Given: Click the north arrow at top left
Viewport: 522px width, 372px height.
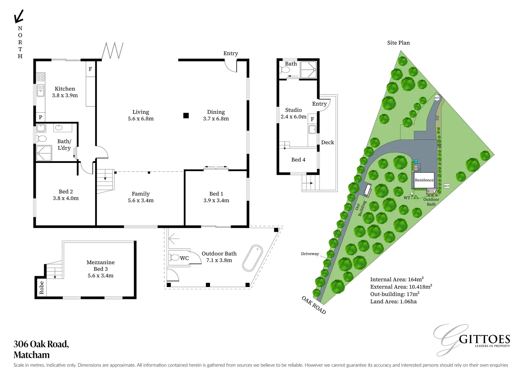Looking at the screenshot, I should point(19,16).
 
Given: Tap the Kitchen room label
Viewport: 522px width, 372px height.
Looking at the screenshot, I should point(65,89).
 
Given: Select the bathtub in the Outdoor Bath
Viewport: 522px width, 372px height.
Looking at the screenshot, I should point(252,258).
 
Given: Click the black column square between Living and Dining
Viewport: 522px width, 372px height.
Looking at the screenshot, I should point(186,116).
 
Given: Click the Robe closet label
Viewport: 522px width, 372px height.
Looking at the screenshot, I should point(42,288).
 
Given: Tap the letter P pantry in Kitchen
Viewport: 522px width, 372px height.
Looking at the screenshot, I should point(41,117).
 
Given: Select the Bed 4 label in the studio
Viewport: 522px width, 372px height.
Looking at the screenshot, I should point(298,160).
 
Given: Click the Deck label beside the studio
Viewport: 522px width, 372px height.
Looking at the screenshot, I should point(327,143).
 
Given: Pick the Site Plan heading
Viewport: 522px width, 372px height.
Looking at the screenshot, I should point(398,43).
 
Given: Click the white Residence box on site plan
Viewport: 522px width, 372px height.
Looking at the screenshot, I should point(424,180).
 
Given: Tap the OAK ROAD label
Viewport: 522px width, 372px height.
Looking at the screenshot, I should point(314,305).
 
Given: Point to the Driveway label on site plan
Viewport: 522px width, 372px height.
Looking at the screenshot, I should point(310,254).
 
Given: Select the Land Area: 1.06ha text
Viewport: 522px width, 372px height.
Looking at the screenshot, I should point(393,302).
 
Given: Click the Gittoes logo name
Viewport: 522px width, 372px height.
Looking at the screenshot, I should point(484,339).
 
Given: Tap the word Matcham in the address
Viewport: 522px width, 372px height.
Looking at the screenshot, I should point(32,355).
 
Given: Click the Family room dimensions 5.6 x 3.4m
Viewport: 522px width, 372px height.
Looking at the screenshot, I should point(140,200).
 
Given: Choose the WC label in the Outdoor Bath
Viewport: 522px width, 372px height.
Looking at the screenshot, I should point(184,258).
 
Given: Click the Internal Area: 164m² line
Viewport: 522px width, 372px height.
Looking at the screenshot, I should point(397,280).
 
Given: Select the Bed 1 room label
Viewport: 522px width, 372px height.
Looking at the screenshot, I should point(216,194).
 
